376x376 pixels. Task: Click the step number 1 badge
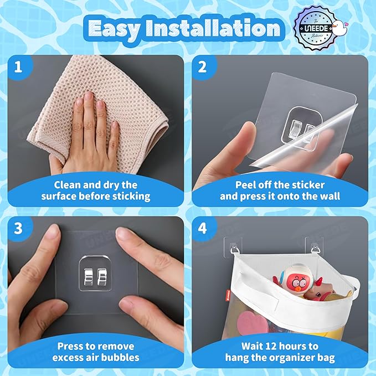click(18, 66)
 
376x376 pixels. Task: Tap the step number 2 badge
click(203, 66)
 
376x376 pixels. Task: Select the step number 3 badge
click(18, 228)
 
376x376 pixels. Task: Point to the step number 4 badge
click(203, 228)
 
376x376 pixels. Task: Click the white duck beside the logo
click(340, 27)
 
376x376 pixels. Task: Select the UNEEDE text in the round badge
click(316, 28)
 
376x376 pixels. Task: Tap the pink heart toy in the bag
click(253, 322)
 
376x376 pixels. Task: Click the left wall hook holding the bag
click(234, 248)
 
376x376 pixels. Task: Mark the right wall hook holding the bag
click(315, 248)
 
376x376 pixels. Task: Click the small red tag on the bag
click(228, 294)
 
